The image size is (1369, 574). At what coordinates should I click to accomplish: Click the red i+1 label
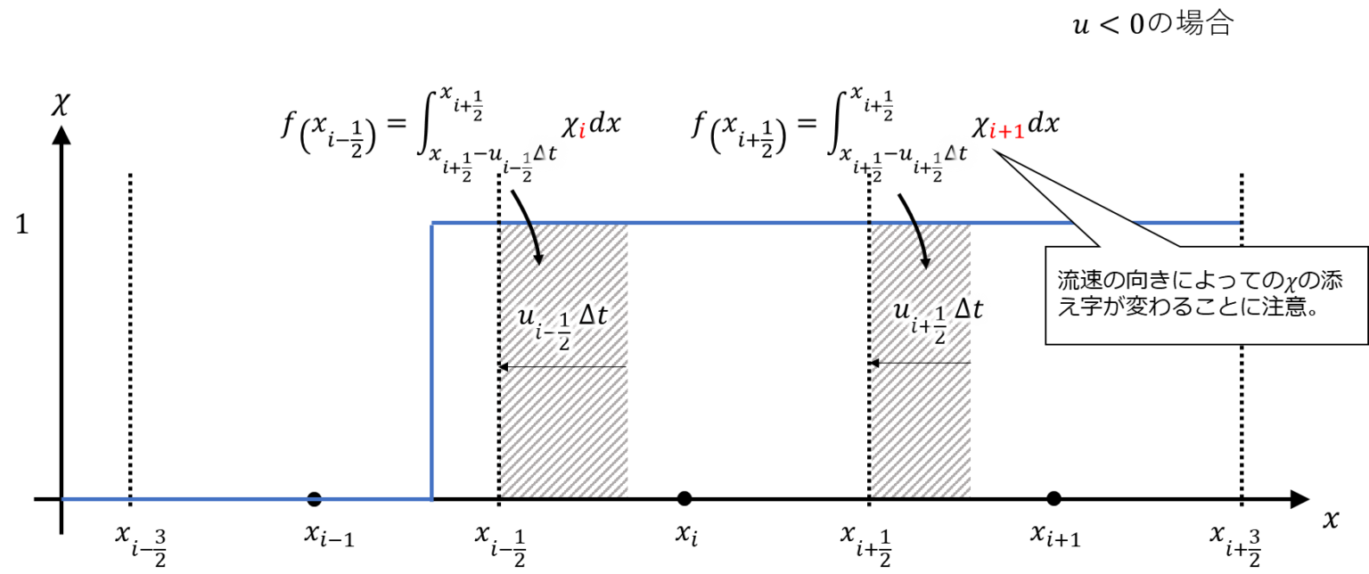coord(1007,133)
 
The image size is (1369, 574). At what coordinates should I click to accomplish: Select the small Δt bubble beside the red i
coord(541,154)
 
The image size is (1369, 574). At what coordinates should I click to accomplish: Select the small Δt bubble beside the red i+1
coord(952,154)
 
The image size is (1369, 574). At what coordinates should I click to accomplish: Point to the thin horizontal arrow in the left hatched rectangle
coord(564,366)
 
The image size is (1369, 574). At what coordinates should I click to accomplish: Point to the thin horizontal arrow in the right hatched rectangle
coord(922,363)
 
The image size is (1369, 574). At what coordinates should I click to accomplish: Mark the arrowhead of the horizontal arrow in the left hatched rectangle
coord(504,366)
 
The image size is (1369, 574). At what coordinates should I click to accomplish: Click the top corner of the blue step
coord(432,223)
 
